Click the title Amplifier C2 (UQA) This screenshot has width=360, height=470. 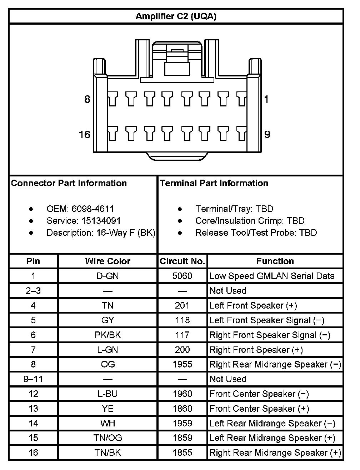pos(176,16)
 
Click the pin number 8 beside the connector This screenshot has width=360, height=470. pos(87,99)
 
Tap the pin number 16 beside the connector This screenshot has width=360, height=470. pos(85,135)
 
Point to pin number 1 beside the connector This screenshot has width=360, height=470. pos(266,99)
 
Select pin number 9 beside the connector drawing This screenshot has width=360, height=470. pos(267,135)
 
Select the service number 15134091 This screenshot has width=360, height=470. pos(101,221)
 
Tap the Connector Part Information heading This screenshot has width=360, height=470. pos(69,183)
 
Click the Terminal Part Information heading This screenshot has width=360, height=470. pos(214,183)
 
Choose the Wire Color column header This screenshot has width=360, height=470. pos(107,261)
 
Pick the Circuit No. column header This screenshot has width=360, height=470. pos(182,261)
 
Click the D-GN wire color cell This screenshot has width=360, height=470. pos(107,276)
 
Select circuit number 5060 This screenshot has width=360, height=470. pos(182,276)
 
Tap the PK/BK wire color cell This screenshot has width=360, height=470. pos(107,335)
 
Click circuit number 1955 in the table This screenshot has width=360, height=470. pos(182,364)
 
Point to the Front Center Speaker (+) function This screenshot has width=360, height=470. pos(259,409)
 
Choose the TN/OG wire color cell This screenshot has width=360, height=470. pos(107,438)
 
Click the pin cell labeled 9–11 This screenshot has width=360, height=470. pos(33,379)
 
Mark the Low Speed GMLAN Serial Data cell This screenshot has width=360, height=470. pos(272,276)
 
